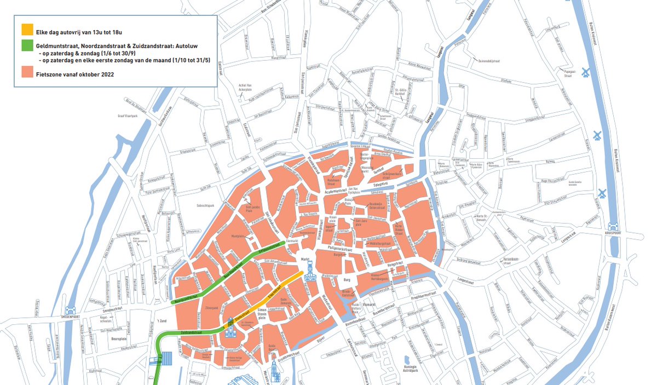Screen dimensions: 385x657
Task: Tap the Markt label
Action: click(x=306, y=258)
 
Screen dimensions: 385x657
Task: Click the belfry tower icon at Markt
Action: click(x=310, y=272)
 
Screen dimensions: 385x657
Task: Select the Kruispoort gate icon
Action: click(x=613, y=226)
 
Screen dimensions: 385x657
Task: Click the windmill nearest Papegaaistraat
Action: click(x=585, y=72)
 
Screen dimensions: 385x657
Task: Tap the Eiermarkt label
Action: click(x=293, y=240)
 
